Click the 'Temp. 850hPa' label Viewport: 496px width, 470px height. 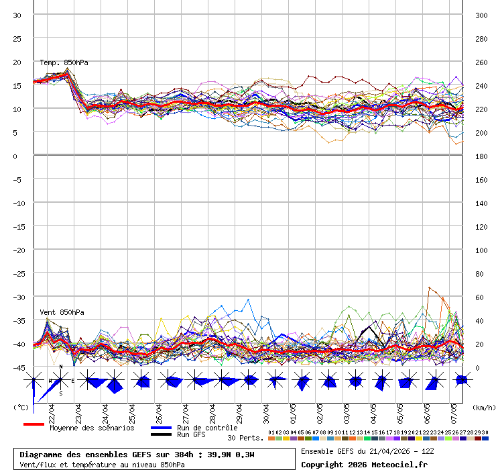pyautogui.click(x=64, y=62)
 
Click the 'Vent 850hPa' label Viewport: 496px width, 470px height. pyautogui.click(x=62, y=312)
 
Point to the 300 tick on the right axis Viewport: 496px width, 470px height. pyautogui.click(x=481, y=15)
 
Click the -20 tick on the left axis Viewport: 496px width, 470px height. pyautogui.click(x=17, y=250)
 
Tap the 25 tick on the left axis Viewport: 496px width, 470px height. pyautogui.click(x=17, y=39)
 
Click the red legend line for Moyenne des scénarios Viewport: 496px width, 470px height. pyautogui.click(x=34, y=424)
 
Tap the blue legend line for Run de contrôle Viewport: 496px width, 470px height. pyautogui.click(x=162, y=428)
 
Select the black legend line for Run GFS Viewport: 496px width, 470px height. pyautogui.click(x=162, y=435)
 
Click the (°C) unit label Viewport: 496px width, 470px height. pyautogui.click(x=21, y=407)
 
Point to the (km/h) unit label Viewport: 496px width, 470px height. pyautogui.click(x=482, y=407)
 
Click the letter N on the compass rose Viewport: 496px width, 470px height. pyautogui.click(x=61, y=367)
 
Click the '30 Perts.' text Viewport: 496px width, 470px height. pyautogui.click(x=245, y=438)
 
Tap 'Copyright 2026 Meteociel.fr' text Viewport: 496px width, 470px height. pyautogui.click(x=364, y=464)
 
